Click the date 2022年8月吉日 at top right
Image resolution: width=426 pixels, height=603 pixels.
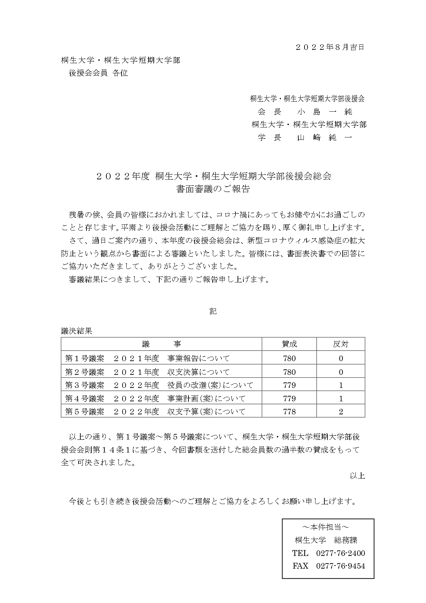pos(330,47)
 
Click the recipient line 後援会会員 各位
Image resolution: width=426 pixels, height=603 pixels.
pos(98,73)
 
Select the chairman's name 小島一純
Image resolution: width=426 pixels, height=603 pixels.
pos(324,112)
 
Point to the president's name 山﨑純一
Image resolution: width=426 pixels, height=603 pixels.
pos(324,138)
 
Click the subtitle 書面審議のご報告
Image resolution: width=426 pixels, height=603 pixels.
pos(213,189)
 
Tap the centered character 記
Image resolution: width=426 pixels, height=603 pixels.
pos(213,311)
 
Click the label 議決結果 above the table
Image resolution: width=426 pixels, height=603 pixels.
pos(77,331)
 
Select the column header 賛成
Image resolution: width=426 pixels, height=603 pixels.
pos(289,344)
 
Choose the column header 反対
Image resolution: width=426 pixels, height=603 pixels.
pos(341,344)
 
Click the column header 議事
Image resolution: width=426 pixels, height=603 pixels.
pos(161,344)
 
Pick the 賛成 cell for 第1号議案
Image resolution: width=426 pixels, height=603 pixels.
pos(289,358)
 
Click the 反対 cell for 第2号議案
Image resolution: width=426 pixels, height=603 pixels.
pos(341,372)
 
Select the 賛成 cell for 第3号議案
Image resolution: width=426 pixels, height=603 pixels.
pos(289,385)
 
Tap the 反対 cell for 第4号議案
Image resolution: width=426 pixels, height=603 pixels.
pos(341,399)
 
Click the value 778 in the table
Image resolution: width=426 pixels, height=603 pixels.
pos(289,412)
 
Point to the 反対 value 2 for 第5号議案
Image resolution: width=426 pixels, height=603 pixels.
pos(341,412)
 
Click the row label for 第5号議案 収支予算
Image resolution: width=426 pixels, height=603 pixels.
pos(155,412)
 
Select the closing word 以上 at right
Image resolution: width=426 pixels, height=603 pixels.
pos(357,476)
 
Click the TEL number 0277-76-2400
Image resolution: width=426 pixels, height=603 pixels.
pos(340,553)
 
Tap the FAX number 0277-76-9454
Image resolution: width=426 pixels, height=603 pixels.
pos(340,566)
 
